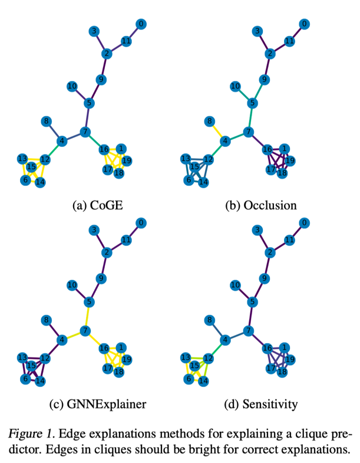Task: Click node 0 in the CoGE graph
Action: pos(141,24)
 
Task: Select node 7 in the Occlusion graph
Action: pos(249,132)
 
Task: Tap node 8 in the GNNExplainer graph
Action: pos(45,320)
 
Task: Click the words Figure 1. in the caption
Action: pos(29,435)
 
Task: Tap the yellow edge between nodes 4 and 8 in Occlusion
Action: pos(217,132)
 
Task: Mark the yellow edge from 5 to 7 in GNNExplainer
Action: pos(88,316)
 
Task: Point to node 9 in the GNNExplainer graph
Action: pos(101,278)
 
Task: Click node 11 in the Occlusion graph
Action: pos(289,41)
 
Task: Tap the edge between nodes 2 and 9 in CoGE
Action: pos(104,67)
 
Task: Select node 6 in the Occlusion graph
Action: pos(189,180)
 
